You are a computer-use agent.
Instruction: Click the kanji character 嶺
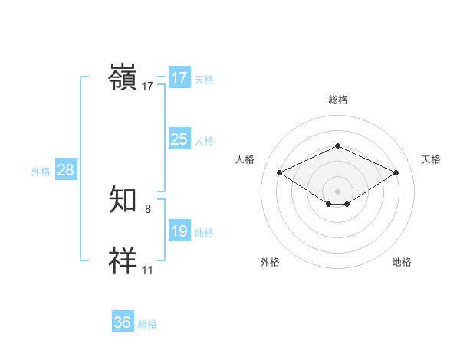point(123,78)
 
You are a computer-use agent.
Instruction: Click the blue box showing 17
point(179,78)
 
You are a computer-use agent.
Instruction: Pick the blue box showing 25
point(179,139)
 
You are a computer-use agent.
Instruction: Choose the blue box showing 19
point(179,231)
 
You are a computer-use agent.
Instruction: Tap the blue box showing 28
point(66,170)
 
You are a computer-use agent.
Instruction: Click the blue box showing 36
point(123,322)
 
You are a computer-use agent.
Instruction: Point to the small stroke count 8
point(148,209)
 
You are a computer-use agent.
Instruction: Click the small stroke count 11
point(148,270)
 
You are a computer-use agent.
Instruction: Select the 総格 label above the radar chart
point(337,100)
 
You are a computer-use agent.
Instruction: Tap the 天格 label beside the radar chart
point(431,159)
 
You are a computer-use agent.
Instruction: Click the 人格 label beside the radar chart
point(245,159)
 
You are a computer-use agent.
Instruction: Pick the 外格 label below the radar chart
point(270,263)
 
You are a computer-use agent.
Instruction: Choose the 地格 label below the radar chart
point(402,263)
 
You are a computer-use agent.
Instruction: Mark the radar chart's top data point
point(337,146)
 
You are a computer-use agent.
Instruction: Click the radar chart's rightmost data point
point(396,172)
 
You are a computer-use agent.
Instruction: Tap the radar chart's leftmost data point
point(280,172)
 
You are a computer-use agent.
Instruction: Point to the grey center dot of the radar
point(337,191)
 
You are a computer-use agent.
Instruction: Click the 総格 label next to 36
point(147,324)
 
